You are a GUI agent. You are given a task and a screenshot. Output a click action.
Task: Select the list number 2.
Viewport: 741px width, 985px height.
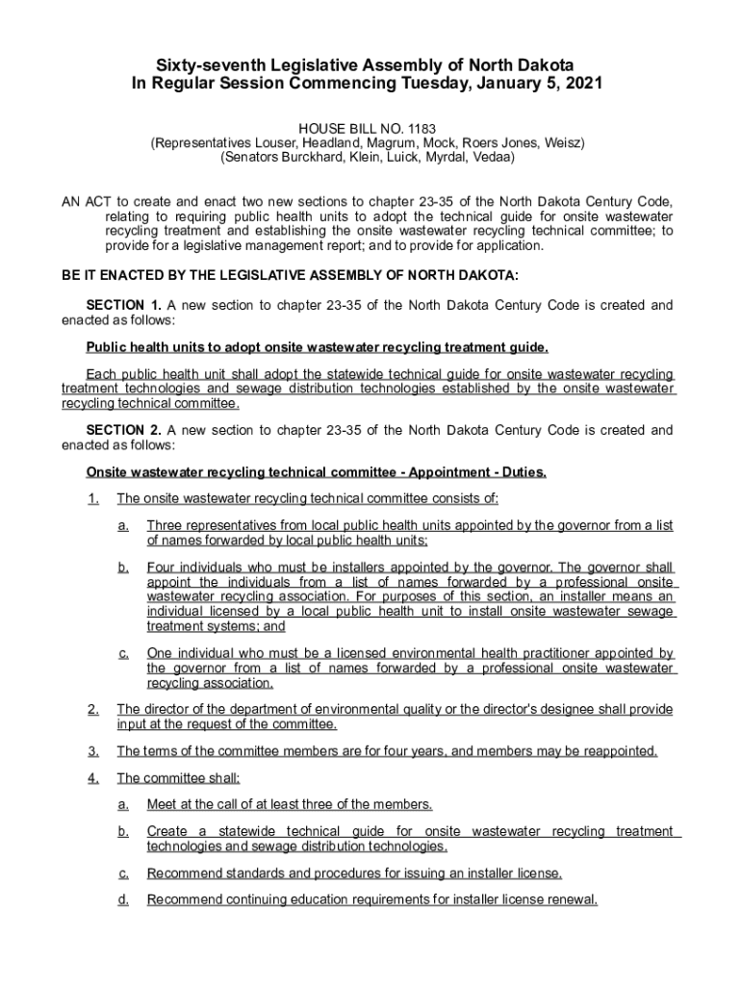click(92, 710)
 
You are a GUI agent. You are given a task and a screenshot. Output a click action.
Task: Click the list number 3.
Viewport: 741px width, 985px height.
click(92, 751)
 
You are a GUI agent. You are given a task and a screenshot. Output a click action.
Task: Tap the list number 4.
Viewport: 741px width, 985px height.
click(92, 778)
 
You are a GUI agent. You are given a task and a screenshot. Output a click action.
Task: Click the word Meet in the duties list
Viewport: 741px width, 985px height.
click(163, 804)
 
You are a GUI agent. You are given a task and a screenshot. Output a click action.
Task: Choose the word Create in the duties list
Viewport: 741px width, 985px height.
click(167, 831)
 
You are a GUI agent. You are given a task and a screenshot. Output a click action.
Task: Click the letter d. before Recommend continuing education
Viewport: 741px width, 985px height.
click(123, 900)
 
